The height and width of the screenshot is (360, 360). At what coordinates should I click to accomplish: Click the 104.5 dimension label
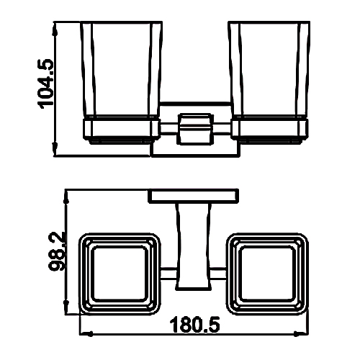[45, 84]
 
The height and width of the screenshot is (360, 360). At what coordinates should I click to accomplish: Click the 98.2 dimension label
[57, 251]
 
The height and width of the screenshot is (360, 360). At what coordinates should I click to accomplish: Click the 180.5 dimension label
[194, 325]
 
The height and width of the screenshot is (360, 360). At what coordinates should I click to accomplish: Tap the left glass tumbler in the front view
[121, 70]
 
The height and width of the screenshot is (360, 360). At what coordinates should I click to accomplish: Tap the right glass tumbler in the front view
[269, 70]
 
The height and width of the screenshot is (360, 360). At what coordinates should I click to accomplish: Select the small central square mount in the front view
[195, 129]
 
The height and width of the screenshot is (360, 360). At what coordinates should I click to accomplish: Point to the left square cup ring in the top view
[120, 274]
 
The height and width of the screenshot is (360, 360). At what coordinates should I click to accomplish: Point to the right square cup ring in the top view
[267, 274]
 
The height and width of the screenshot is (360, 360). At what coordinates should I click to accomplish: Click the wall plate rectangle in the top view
[194, 196]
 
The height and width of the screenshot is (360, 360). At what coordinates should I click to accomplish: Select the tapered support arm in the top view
[194, 246]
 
